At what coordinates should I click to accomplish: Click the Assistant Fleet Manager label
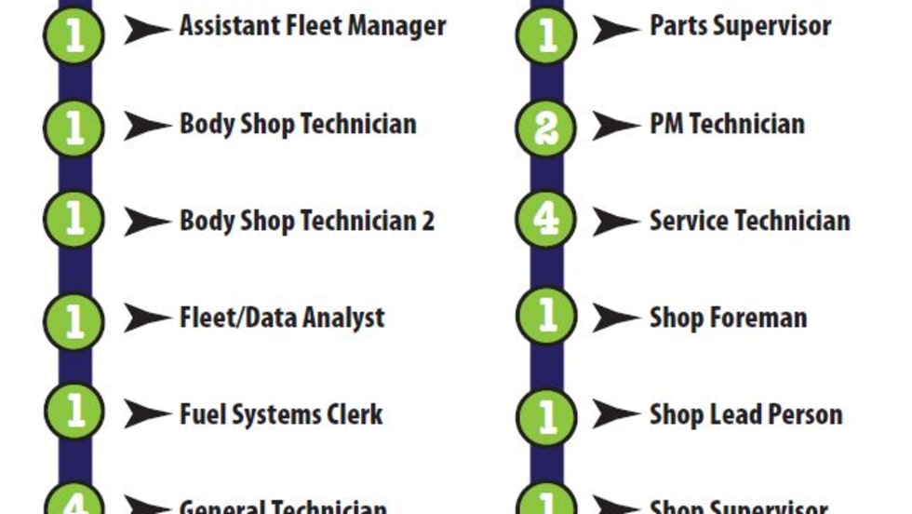pyautogui.click(x=312, y=27)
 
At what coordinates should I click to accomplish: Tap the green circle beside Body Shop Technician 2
pyautogui.click(x=74, y=221)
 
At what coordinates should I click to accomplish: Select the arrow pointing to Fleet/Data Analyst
pyautogui.click(x=147, y=318)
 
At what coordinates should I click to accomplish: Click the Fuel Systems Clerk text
pyautogui.click(x=280, y=414)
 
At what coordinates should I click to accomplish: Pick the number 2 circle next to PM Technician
pyautogui.click(x=546, y=125)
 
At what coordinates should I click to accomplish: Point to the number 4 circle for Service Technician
pyautogui.click(x=546, y=221)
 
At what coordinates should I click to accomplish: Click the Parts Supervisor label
pyautogui.click(x=740, y=27)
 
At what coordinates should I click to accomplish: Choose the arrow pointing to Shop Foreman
pyautogui.click(x=615, y=318)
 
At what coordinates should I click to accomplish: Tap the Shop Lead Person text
pyautogui.click(x=745, y=414)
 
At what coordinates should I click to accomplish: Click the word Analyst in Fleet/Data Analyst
pyautogui.click(x=341, y=318)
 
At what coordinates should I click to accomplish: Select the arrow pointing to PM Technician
pyautogui.click(x=615, y=125)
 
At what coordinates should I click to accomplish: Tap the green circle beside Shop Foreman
pyautogui.click(x=546, y=318)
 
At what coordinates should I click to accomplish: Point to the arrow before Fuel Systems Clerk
pyautogui.click(x=147, y=414)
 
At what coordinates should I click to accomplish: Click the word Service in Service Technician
pyautogui.click(x=689, y=221)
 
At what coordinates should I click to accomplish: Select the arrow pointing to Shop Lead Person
pyautogui.click(x=615, y=414)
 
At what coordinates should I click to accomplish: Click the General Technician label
pyautogui.click(x=282, y=507)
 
